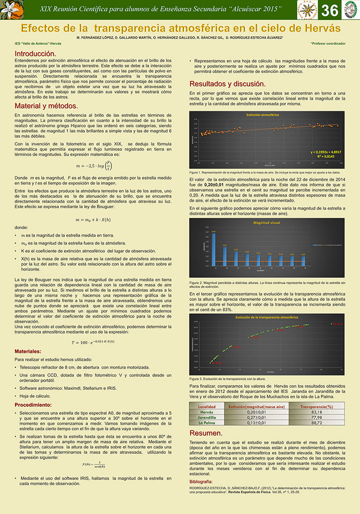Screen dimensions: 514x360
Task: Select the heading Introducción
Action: [35, 54]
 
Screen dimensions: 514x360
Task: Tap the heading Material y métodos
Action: [47, 106]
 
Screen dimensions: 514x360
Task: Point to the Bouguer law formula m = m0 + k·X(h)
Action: [94, 205]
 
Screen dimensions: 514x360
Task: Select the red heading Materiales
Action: [33, 351]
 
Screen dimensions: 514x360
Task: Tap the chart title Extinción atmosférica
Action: [262, 115]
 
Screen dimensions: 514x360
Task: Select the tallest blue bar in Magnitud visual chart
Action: [213, 249]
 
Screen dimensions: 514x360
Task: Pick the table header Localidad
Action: [207, 407]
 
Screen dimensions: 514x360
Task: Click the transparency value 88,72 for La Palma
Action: [316, 423]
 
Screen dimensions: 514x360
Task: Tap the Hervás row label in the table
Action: [207, 412]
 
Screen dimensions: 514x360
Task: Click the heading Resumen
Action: [206, 433]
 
